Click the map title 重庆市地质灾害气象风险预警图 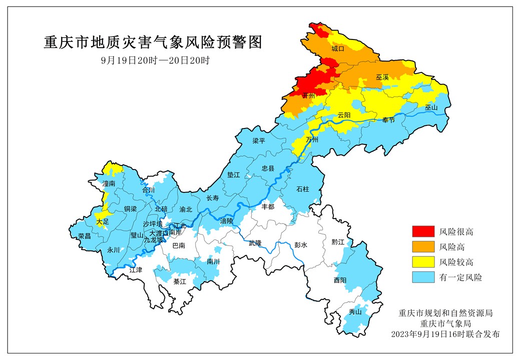click(153, 42)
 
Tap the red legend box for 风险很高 click(422, 231)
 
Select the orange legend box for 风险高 click(422, 247)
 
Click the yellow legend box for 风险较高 click(422, 262)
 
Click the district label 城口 click(338, 49)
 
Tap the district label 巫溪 click(382, 77)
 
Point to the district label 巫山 click(431, 107)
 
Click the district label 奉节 click(388, 120)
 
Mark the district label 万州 click(312, 139)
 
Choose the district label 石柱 click(303, 189)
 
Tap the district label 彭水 click(300, 245)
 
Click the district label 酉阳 click(340, 280)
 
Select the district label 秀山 click(355, 312)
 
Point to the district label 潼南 click(109, 184)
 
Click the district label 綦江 click(180, 282)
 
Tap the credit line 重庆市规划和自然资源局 click(446, 313)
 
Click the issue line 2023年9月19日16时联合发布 click(446, 333)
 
